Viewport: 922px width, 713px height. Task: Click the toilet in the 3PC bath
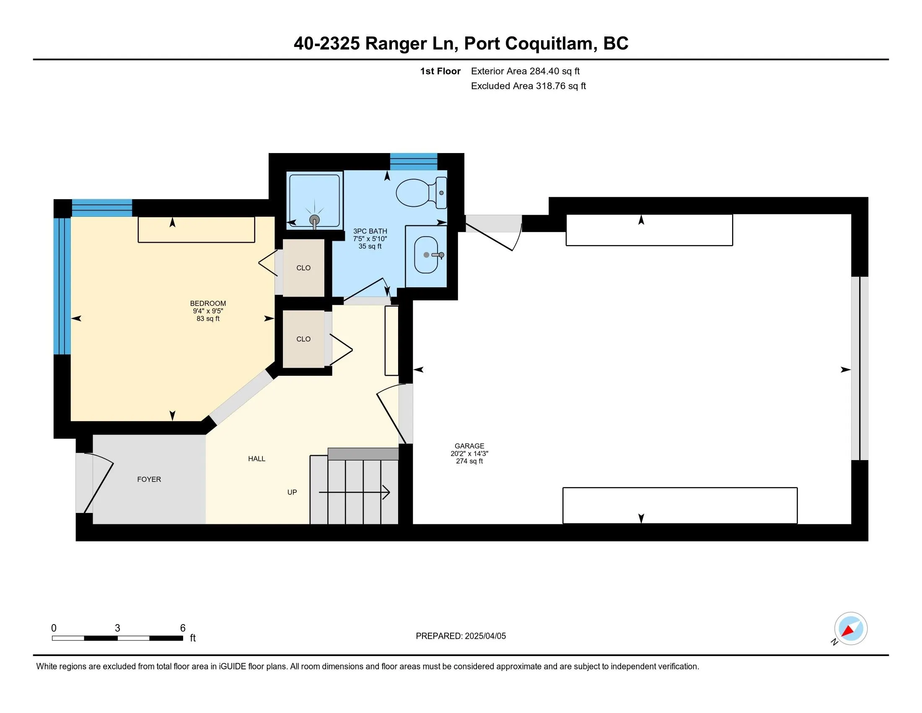point(421,193)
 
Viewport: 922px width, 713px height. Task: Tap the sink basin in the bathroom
point(426,255)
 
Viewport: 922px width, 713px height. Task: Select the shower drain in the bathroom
point(314,219)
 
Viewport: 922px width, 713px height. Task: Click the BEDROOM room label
point(208,303)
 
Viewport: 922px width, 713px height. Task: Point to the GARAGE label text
point(469,445)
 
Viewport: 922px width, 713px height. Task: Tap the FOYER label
point(149,479)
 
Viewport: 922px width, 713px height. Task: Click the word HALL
point(256,459)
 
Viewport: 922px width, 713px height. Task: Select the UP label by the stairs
point(292,492)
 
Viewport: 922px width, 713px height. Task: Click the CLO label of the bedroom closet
point(303,268)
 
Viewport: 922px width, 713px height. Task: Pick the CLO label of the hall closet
point(303,339)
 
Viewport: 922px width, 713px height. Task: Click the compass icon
point(850,629)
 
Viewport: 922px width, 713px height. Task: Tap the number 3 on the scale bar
point(117,628)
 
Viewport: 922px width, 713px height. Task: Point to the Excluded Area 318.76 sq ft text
point(528,86)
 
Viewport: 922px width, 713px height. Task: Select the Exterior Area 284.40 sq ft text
point(526,71)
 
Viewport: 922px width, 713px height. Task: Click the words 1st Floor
point(440,71)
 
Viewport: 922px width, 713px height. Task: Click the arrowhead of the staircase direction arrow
point(386,492)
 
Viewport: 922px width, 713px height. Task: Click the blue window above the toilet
point(413,162)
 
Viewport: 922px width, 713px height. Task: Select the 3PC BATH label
point(370,232)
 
